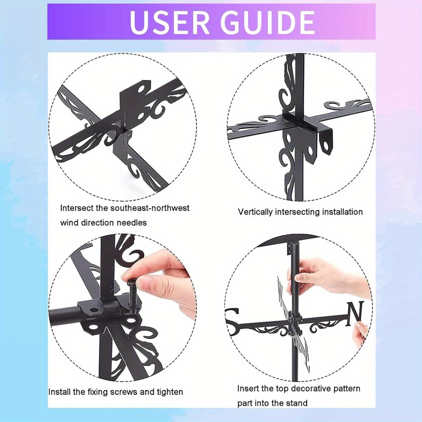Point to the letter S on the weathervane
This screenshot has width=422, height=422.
[233, 314]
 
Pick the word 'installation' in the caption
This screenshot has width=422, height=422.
[342, 212]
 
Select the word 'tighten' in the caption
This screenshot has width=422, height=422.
[170, 392]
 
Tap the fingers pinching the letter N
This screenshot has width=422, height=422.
[360, 334]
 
